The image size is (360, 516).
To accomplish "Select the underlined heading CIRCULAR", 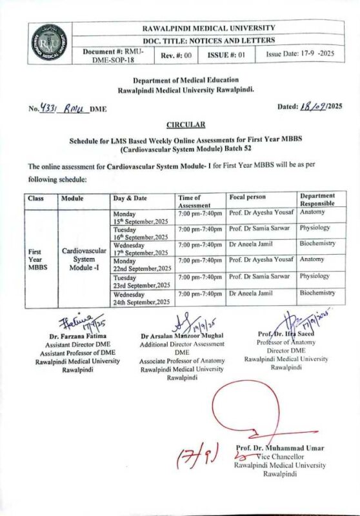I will click(186, 124).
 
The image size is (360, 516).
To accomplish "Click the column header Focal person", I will click(248, 196).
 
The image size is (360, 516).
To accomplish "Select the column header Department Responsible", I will click(317, 199).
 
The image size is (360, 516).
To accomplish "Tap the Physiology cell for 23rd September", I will click(315, 276).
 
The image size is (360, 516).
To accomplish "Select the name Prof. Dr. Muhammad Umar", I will click(279, 448).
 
